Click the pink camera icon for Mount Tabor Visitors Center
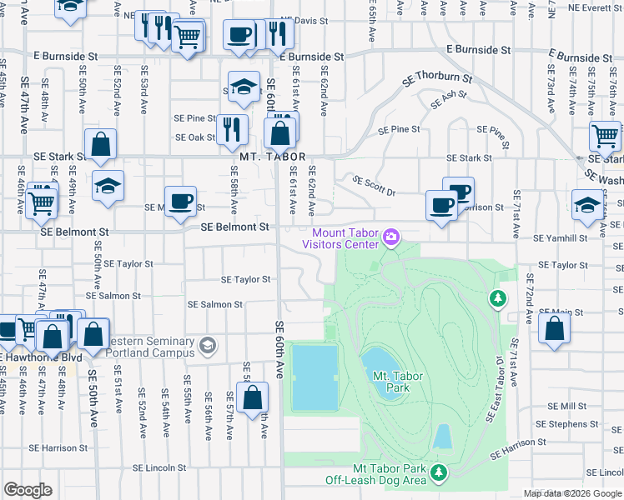point(390,239)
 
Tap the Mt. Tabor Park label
point(398,382)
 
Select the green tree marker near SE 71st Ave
point(498,297)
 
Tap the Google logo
point(28,489)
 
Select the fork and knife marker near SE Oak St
point(231,128)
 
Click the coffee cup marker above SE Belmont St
point(180,202)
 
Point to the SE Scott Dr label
point(373,185)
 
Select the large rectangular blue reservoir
point(315,377)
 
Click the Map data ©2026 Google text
point(572,493)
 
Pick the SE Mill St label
point(567,405)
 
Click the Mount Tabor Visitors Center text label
point(345,239)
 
